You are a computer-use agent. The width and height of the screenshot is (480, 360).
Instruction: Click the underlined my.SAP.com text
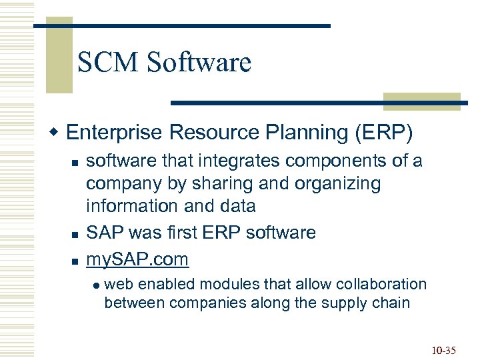pyautogui.click(x=138, y=259)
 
